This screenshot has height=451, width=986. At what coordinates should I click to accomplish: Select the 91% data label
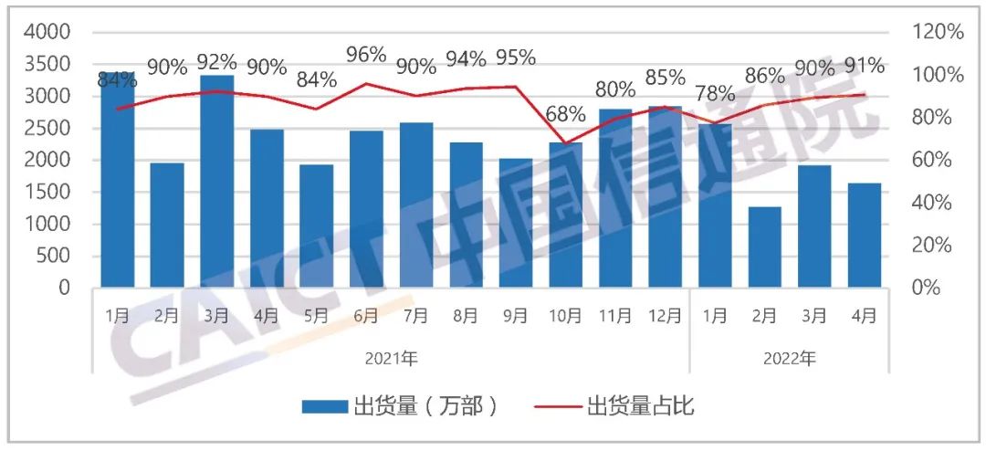pyautogui.click(x=864, y=66)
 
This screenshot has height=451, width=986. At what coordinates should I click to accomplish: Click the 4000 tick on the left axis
pyautogui.click(x=51, y=32)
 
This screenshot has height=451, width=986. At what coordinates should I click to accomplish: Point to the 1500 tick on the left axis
pyautogui.click(x=51, y=192)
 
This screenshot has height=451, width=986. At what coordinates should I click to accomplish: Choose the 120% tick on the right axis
pyautogui.click(x=939, y=32)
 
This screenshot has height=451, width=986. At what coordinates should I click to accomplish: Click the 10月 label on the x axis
pyautogui.click(x=565, y=316)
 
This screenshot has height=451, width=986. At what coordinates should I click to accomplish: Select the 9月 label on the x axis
pyautogui.click(x=515, y=316)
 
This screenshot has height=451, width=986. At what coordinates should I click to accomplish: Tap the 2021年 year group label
pyautogui.click(x=391, y=358)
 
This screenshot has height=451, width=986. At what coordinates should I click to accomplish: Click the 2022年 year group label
pyautogui.click(x=789, y=358)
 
